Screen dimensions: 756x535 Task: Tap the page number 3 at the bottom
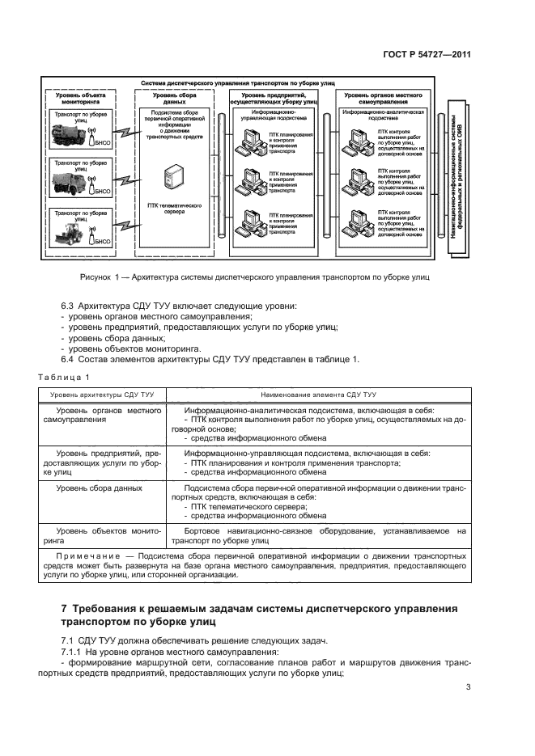pos(469,687)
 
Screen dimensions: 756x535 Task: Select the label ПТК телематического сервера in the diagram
pos(172,209)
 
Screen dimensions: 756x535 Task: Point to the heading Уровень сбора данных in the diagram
pos(171,99)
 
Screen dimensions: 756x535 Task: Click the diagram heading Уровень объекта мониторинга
pos(80,99)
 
